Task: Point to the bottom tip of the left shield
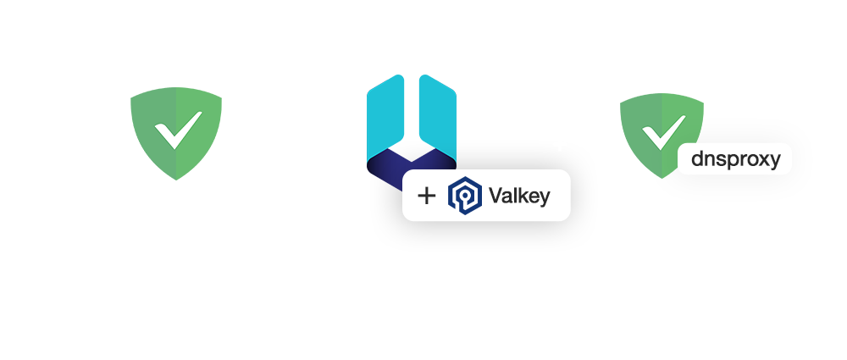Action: pos(176,179)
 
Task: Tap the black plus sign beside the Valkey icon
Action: pos(427,197)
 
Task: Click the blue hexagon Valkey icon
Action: pos(464,196)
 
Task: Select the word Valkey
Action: pos(519,197)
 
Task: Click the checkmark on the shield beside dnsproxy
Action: pos(662,134)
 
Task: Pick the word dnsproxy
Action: pos(735,158)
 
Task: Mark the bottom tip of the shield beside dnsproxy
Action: pos(662,177)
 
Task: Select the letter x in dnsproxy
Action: pos(759,159)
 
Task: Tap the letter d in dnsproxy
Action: pos(698,158)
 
